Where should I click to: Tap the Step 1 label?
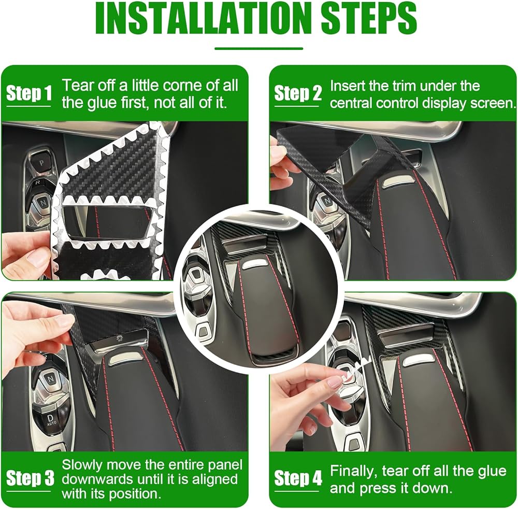pyautogui.click(x=28, y=93)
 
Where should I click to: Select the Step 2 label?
pyautogui.click(x=298, y=93)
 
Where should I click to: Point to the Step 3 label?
pyautogui.click(x=30, y=478)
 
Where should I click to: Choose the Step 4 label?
pyautogui.click(x=298, y=478)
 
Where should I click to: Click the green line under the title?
pyautogui.click(x=258, y=49)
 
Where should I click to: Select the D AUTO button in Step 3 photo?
pyautogui.click(x=51, y=420)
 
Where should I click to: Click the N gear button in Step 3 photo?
pyautogui.click(x=50, y=378)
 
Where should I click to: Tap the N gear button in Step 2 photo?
pyautogui.click(x=327, y=200)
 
